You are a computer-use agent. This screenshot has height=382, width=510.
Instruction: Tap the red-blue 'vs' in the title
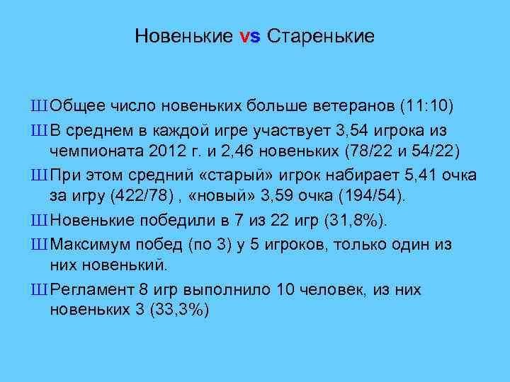(251, 36)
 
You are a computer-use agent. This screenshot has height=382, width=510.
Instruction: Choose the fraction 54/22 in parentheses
(429, 152)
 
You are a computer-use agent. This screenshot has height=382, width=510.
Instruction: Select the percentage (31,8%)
(355, 221)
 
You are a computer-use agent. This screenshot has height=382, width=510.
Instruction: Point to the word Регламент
(92, 289)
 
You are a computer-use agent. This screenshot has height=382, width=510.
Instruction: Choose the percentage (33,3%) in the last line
(178, 312)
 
